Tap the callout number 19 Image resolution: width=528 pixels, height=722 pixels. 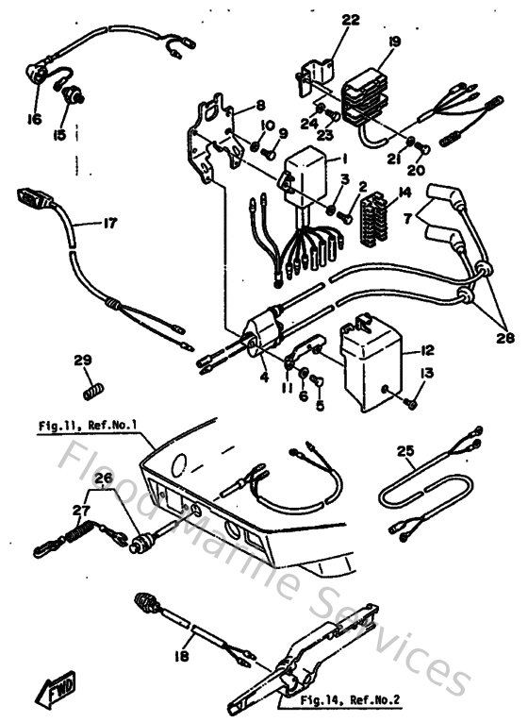394,41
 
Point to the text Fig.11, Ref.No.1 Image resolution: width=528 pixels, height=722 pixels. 89,426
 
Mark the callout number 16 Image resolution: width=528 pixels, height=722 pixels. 34,121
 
